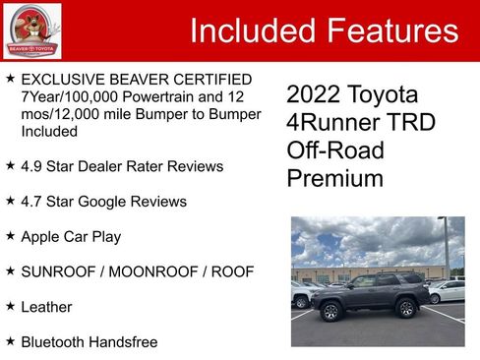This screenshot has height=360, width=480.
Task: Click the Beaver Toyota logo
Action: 31,30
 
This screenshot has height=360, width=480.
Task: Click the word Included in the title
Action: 250,30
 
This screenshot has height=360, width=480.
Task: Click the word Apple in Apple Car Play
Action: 42,237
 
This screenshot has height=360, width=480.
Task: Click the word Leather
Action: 46,307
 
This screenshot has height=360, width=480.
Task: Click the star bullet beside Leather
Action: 10,306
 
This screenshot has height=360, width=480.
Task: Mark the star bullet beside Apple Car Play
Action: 10,236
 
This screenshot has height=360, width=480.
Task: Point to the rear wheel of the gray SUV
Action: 405,308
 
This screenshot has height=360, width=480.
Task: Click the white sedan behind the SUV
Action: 448,291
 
